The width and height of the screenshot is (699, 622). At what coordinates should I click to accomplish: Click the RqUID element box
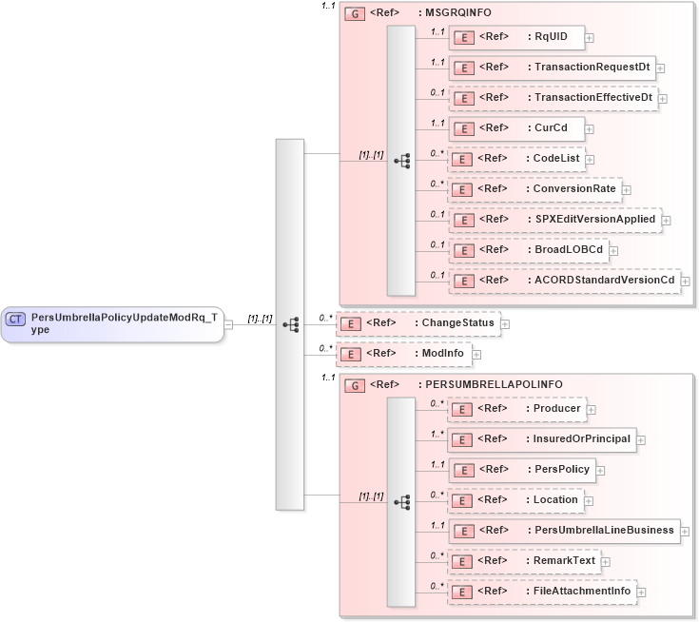515,37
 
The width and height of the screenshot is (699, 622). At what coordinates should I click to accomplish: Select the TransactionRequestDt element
552,68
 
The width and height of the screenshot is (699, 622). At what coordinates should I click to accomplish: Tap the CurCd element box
515,128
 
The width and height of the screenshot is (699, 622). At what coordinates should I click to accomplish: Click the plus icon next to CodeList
590,160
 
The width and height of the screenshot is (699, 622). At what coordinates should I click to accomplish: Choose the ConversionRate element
534,189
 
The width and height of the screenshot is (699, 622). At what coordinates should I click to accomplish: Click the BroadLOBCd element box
528,250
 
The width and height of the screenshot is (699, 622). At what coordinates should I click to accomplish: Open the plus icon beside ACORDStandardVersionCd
686,282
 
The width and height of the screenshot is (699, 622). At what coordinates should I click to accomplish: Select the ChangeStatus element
417,323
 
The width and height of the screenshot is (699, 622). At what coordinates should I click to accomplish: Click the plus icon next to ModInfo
476,354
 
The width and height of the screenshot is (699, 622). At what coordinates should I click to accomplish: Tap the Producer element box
515,409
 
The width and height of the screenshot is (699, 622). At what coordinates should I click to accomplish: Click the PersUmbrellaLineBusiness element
564,531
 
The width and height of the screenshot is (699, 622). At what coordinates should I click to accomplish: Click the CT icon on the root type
15,320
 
